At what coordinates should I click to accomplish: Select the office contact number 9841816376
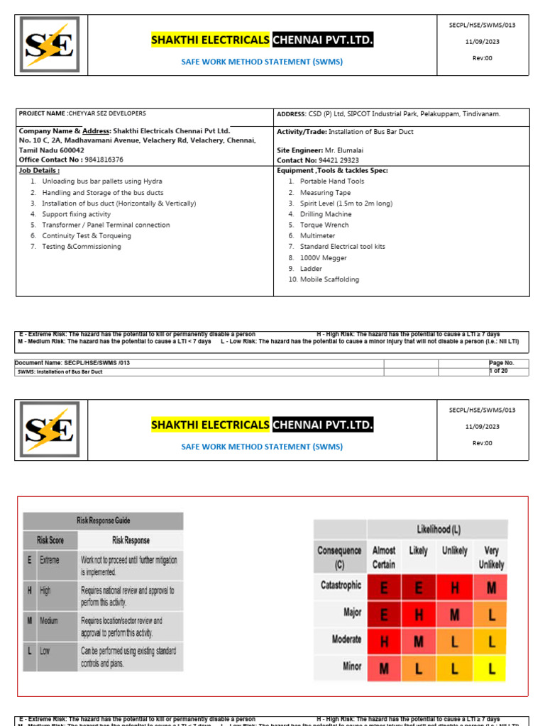point(100,160)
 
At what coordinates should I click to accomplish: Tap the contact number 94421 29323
point(340,160)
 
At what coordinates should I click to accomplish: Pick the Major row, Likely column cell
point(419,613)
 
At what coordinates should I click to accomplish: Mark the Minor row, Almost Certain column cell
point(384,666)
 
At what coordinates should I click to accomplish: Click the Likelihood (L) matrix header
point(437,530)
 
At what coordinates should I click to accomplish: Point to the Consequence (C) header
point(339,557)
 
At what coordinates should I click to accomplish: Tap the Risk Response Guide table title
point(104,520)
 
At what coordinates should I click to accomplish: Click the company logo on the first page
point(50,44)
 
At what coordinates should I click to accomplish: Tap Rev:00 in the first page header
point(483,57)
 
